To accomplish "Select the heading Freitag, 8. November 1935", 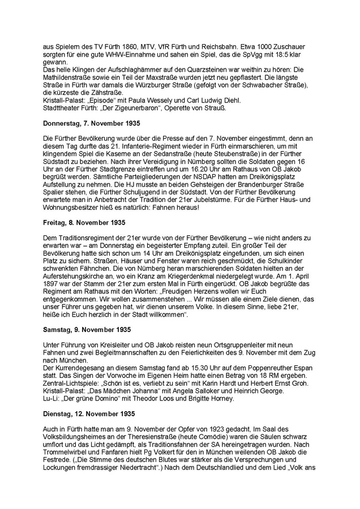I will pos(85,223).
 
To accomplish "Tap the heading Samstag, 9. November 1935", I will pos(87,329).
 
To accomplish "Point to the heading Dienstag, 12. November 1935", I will pos(90,412).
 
